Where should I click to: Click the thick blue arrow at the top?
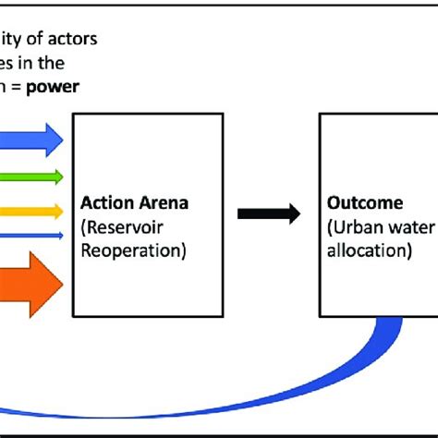click(x=28, y=140)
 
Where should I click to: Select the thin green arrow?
click(x=28, y=176)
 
